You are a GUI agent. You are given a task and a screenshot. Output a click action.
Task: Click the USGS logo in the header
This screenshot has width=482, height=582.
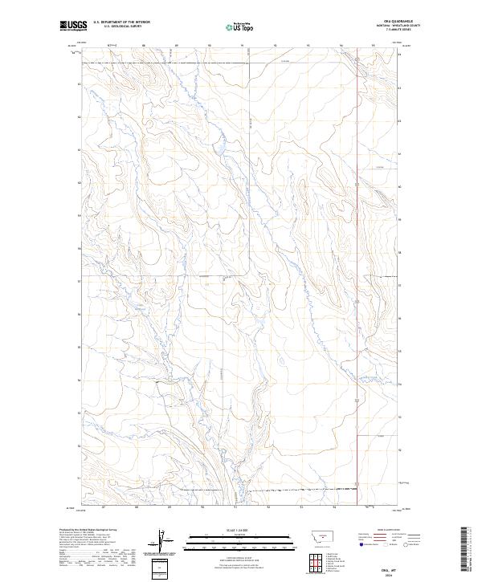[73, 25]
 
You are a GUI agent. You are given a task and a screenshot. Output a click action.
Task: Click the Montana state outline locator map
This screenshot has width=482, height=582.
[314, 536]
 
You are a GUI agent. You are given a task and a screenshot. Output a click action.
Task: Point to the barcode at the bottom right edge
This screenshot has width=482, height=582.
[466, 549]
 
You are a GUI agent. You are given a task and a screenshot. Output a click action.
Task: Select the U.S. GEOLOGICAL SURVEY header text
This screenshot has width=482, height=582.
[117, 26]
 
